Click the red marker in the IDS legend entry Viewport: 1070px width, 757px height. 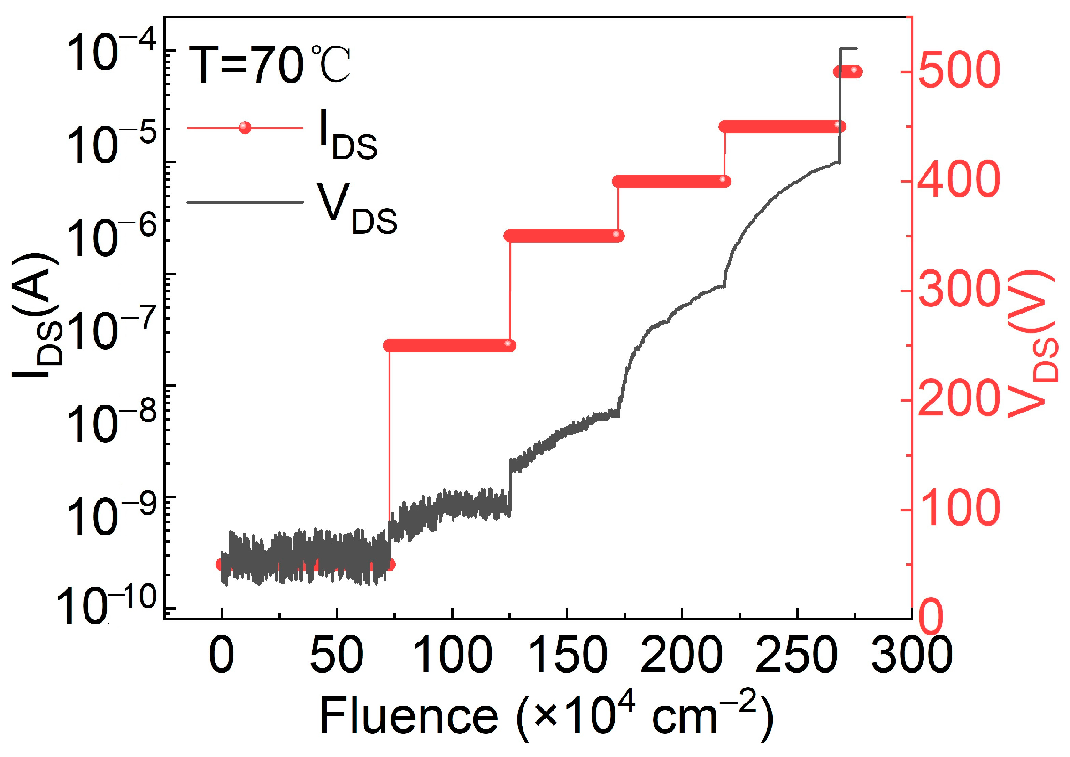click(245, 128)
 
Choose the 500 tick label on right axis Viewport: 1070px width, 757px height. click(958, 71)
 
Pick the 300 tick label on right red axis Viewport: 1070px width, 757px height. click(958, 290)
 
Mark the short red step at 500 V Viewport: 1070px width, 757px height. click(848, 72)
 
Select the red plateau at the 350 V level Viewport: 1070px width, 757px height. click(563, 236)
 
